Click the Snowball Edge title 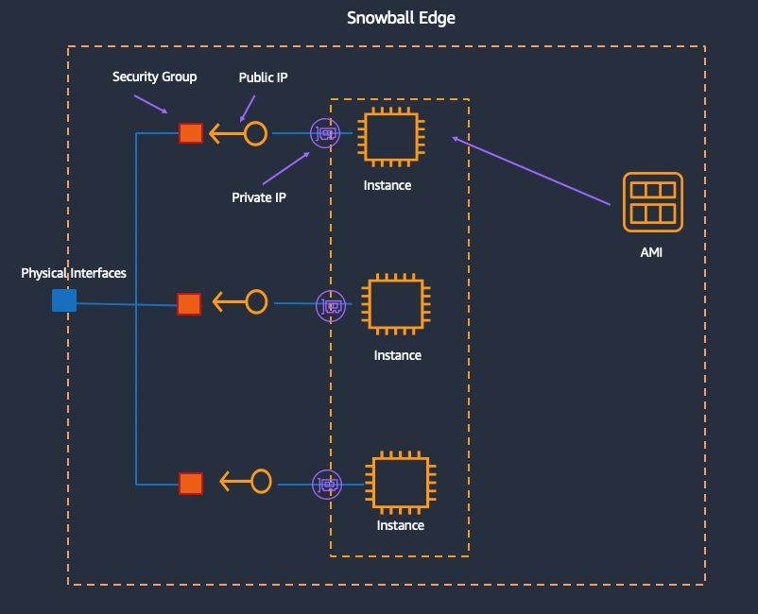(x=401, y=18)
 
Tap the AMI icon (x=653, y=202)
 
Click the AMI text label (x=651, y=252)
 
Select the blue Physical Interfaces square (x=64, y=300)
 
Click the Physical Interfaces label (x=74, y=273)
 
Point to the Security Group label (x=154, y=77)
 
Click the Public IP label (x=263, y=77)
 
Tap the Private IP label (x=258, y=197)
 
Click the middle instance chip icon (x=396, y=305)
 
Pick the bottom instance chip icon (x=401, y=483)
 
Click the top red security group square (x=191, y=133)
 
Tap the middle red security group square (x=189, y=303)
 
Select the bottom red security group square (x=191, y=483)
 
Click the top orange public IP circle (x=255, y=133)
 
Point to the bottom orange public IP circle (x=260, y=482)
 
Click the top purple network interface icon (x=325, y=133)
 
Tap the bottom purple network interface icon (x=328, y=484)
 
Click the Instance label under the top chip (x=387, y=185)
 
